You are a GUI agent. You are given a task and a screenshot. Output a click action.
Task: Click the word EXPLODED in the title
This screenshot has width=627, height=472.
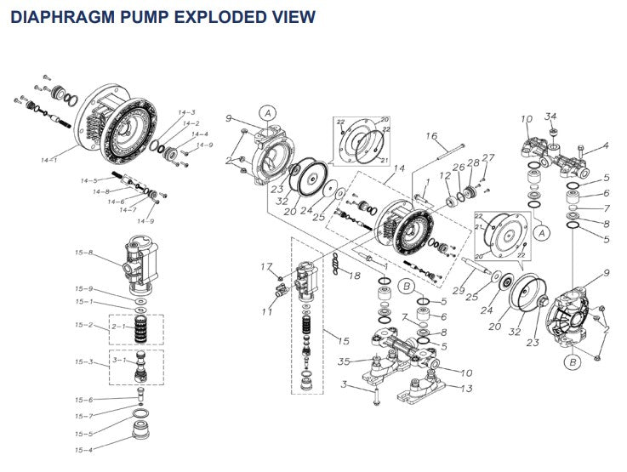(x=197, y=16)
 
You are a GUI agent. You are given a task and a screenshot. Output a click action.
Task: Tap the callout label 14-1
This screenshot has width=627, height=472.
(x=48, y=159)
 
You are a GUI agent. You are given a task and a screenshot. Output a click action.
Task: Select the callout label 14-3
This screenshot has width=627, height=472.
(x=186, y=112)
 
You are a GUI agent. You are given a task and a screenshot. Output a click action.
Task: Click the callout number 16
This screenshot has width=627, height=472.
(x=430, y=136)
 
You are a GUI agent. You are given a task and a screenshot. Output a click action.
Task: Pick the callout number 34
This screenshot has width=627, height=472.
(x=550, y=117)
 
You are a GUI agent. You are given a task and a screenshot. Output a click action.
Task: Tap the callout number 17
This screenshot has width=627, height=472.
(x=265, y=267)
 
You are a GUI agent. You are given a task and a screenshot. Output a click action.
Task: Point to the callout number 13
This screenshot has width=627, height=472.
(x=467, y=389)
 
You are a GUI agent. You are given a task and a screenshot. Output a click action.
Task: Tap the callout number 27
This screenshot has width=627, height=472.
(x=488, y=157)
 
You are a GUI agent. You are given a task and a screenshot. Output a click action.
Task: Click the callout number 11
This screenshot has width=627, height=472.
(x=267, y=313)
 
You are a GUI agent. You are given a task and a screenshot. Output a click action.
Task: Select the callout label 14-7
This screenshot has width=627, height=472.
(x=128, y=209)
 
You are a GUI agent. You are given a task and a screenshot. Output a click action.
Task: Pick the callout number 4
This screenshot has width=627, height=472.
(x=606, y=147)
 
